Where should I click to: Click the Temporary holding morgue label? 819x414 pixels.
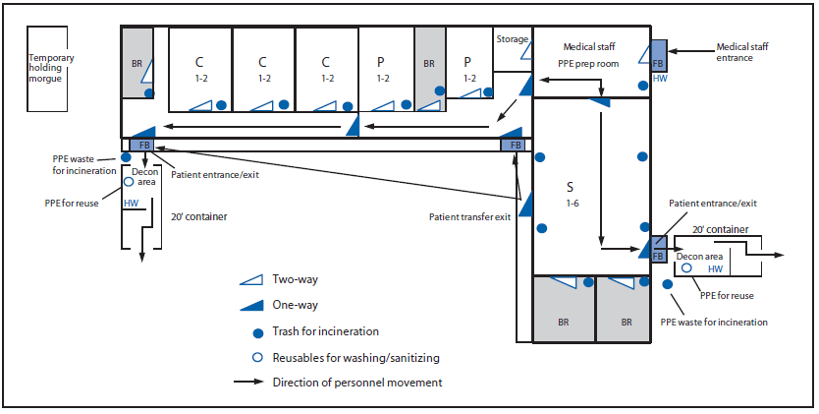click(x=51, y=68)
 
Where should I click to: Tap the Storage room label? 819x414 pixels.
click(x=510, y=39)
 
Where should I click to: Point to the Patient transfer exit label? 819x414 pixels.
click(x=469, y=216)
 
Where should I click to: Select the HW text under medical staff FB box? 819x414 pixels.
click(x=659, y=77)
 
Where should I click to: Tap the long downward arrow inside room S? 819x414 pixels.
click(x=598, y=177)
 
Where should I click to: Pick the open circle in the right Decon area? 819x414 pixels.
click(x=688, y=267)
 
